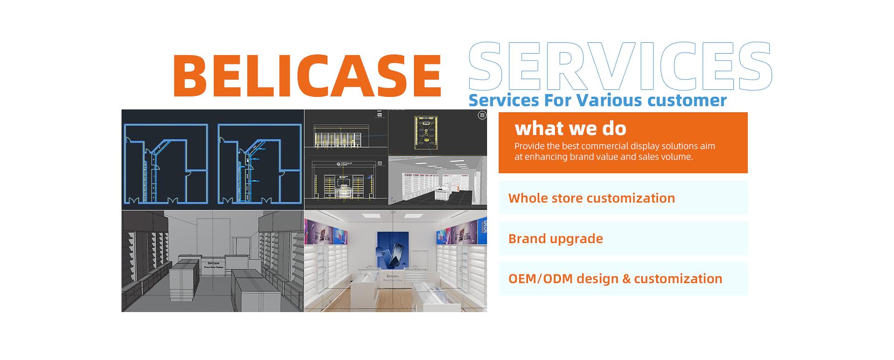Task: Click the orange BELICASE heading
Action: pyautogui.click(x=307, y=75)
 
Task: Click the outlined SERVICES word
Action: pyautogui.click(x=620, y=67)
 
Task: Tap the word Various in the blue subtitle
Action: pyautogui.click(x=605, y=100)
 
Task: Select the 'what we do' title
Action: pyautogui.click(x=570, y=128)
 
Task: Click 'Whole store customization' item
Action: pyautogui.click(x=591, y=198)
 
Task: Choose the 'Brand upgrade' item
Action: pyautogui.click(x=555, y=238)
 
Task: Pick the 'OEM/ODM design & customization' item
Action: pyautogui.click(x=615, y=278)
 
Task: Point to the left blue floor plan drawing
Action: pyautogui.click(x=165, y=163)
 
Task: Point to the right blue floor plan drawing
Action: pyautogui.click(x=259, y=163)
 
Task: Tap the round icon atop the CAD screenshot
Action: pyautogui.click(x=482, y=115)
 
